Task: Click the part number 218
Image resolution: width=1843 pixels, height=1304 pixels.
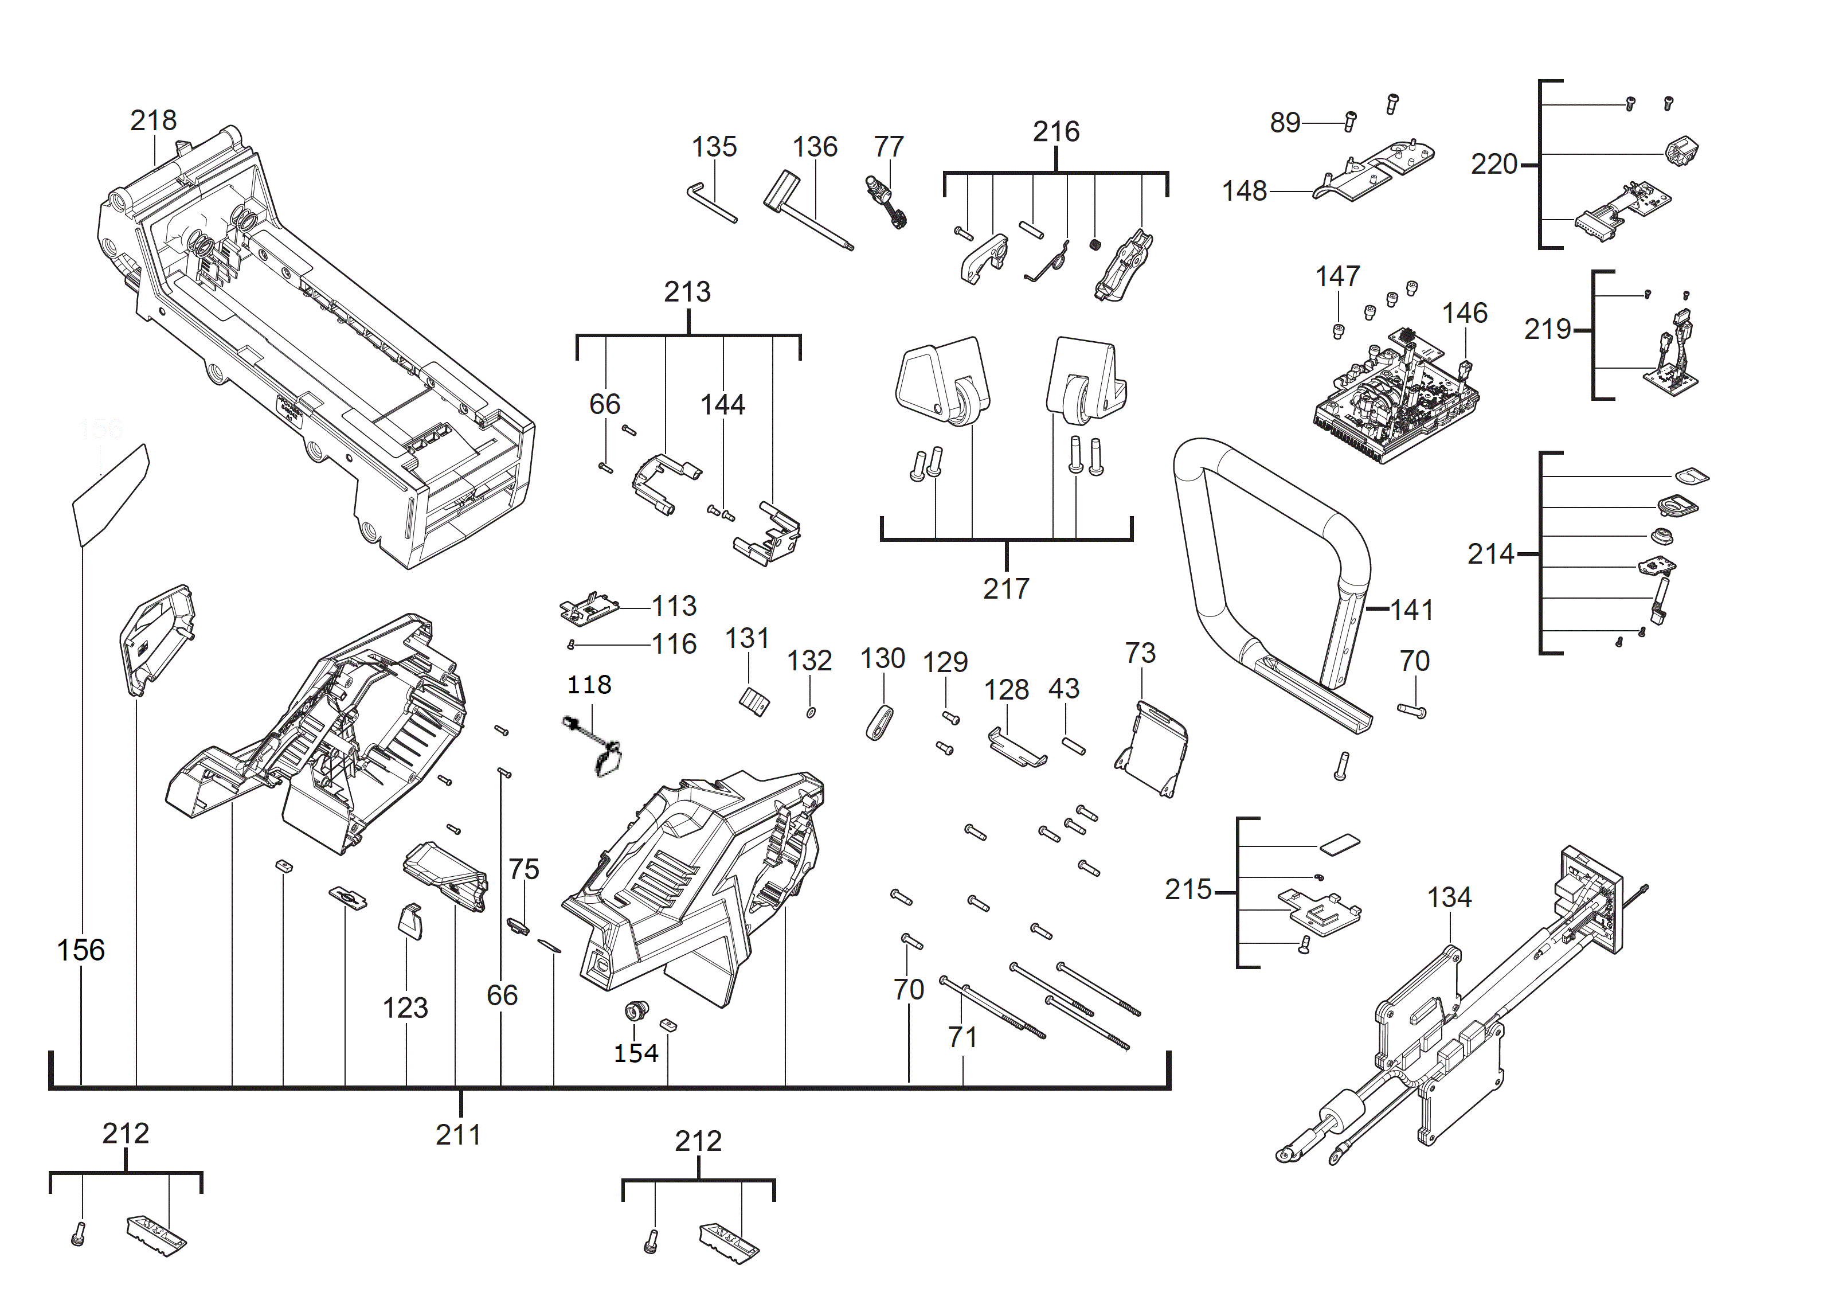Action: click(x=153, y=120)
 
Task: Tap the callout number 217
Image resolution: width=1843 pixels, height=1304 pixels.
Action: click(x=1006, y=588)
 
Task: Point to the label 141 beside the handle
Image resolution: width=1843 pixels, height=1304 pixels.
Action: click(x=1412, y=610)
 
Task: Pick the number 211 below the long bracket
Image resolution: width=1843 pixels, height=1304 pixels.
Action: click(x=459, y=1135)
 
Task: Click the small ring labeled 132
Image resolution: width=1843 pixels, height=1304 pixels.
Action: click(x=811, y=712)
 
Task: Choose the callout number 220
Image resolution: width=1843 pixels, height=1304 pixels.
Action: click(x=1494, y=165)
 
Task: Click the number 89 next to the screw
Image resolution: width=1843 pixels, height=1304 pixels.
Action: click(x=1285, y=122)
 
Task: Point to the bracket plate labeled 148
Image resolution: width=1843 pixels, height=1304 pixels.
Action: click(x=1374, y=170)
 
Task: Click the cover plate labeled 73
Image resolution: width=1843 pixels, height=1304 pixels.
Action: click(x=1151, y=748)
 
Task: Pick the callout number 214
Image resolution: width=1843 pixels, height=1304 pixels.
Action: click(x=1490, y=554)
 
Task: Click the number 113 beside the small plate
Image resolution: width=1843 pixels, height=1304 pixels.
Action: click(x=674, y=606)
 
